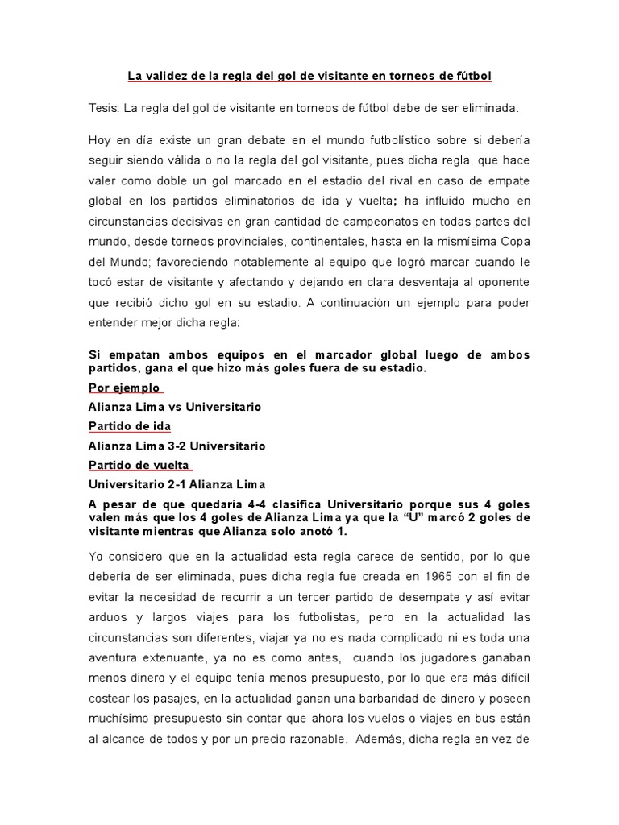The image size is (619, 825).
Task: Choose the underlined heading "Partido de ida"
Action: tap(129, 426)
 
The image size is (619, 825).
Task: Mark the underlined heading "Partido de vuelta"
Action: tap(138, 465)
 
